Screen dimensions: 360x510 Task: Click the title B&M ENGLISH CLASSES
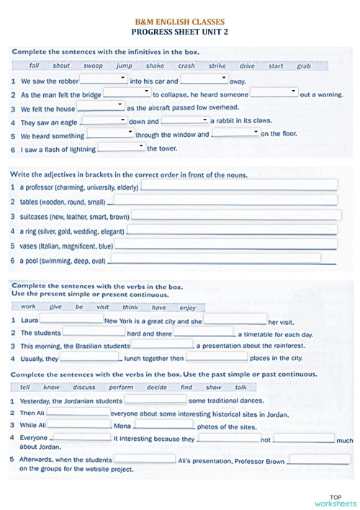(180, 22)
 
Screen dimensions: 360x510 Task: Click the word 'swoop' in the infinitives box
(93, 66)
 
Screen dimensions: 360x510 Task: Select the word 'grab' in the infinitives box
(304, 66)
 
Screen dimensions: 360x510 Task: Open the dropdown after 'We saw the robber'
(104, 79)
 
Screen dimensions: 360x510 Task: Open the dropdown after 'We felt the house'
(100, 106)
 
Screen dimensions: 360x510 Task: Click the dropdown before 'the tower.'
(121, 147)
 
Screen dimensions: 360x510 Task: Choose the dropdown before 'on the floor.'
(235, 133)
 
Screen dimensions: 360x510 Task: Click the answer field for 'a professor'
(238, 186)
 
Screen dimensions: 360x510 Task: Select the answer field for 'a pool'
(215, 259)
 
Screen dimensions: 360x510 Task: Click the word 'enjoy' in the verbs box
(187, 308)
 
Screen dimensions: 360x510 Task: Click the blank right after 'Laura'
(71, 319)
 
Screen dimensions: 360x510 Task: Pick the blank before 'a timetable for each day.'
(204, 332)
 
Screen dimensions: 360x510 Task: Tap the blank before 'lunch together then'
(91, 357)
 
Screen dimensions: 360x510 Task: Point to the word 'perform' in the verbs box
(121, 387)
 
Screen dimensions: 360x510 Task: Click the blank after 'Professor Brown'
(320, 459)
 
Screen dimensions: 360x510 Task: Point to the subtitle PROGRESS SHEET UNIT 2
(180, 32)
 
